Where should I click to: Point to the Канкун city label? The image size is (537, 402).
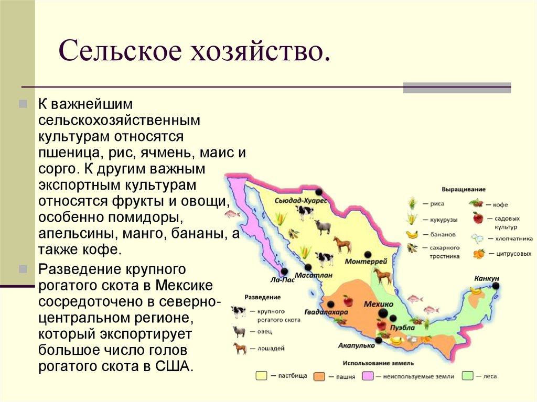tap(486, 278)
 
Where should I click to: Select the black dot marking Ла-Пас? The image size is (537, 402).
tap(284, 271)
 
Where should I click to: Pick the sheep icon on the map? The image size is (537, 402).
tap(323, 227)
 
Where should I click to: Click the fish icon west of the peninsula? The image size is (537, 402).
tap(231, 213)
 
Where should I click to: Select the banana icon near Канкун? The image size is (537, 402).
tap(476, 289)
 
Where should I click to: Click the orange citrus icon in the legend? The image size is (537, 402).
tap(478, 254)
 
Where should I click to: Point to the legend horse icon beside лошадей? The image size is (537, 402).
tap(239, 348)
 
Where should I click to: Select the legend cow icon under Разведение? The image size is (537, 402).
tap(239, 311)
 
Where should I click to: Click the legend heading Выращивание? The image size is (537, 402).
tap(464, 189)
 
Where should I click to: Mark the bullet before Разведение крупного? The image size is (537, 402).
tap(23, 269)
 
